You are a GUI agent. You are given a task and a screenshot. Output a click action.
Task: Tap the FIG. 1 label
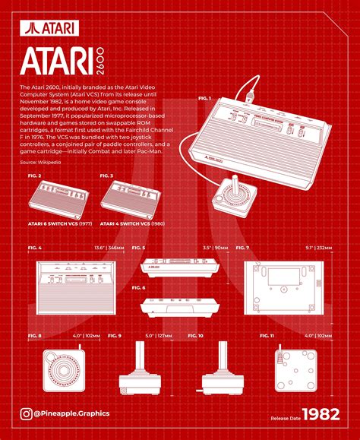click(x=204, y=99)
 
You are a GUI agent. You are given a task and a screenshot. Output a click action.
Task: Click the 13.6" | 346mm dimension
click(x=109, y=248)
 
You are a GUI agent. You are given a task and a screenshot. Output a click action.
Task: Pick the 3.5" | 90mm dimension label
click(x=216, y=248)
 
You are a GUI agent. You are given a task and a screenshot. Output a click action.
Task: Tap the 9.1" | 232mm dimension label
click(x=317, y=248)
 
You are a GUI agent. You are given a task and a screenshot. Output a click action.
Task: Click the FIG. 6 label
click(x=138, y=288)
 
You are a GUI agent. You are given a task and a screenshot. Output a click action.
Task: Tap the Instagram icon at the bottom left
click(x=27, y=413)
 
